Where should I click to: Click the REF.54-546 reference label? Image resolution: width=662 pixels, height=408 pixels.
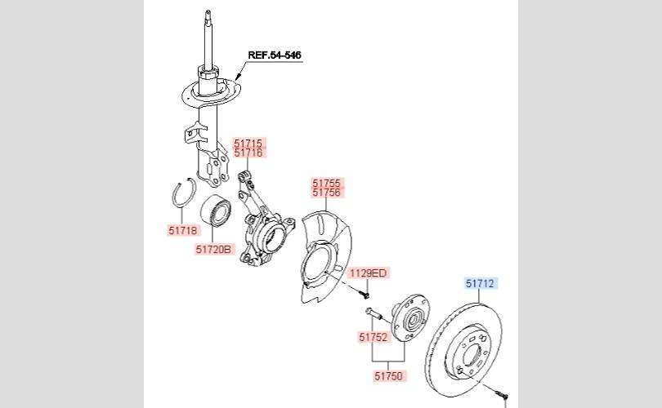[274, 55]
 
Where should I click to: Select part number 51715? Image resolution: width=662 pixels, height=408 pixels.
[248, 143]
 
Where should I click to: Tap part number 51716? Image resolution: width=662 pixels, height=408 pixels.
[248, 153]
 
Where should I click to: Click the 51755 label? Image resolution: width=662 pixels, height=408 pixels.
[327, 183]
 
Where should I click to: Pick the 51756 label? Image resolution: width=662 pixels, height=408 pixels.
[327, 193]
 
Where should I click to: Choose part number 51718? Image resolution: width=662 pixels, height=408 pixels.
[184, 231]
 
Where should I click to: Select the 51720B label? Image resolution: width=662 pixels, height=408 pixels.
[215, 249]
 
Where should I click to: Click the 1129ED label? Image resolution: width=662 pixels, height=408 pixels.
[368, 273]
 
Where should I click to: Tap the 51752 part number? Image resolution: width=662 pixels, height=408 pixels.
[373, 336]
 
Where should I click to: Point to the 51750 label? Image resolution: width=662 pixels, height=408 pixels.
[390, 376]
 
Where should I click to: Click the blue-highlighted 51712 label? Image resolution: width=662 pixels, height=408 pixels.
[481, 284]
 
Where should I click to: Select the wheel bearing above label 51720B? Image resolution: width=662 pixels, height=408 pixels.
[216, 211]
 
